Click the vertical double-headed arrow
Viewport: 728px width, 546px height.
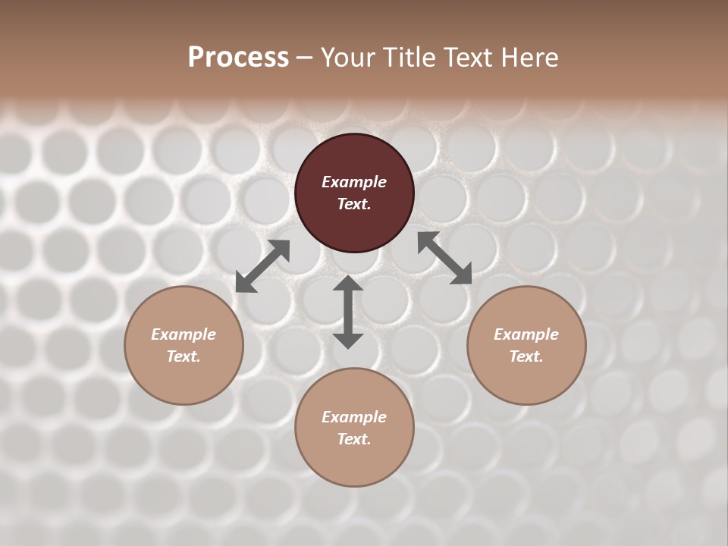coord(348,312)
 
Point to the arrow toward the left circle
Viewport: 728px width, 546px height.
coord(262,266)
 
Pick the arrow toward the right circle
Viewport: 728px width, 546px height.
coord(444,258)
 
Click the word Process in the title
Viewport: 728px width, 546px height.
coord(238,58)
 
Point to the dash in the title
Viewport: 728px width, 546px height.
coord(304,58)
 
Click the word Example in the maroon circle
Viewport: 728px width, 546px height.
coord(354,182)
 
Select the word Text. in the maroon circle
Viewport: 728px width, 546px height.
coord(354,204)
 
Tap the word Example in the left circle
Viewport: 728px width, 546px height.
coord(184,334)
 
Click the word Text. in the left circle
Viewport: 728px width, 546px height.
coord(184,356)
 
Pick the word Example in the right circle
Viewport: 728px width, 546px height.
coord(526,334)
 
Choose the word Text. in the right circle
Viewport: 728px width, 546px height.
coord(526,356)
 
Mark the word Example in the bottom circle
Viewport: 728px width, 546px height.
coord(354,417)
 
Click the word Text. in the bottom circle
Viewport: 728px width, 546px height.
coord(354,439)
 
